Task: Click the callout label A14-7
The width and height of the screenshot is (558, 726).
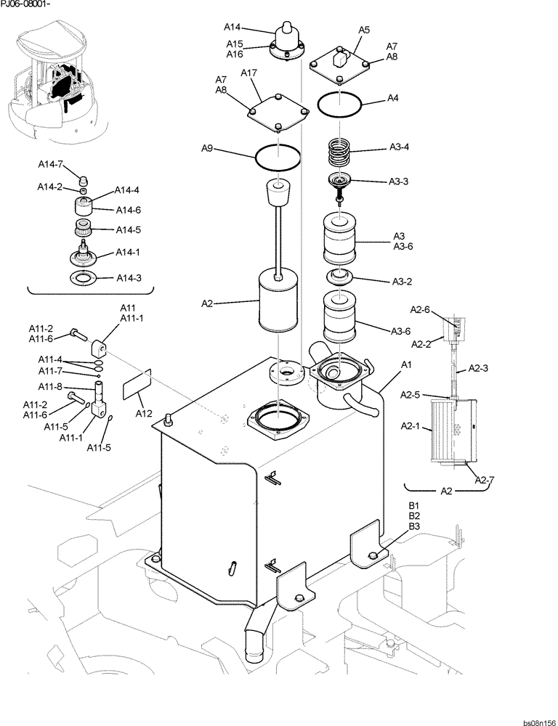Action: [50, 165]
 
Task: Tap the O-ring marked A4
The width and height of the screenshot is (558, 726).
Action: [340, 105]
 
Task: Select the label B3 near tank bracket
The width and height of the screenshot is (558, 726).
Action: [415, 526]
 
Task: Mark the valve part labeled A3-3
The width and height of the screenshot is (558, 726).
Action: [339, 184]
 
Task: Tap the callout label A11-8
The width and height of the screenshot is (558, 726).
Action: [50, 386]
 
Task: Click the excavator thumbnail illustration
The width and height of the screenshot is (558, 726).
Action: [54, 80]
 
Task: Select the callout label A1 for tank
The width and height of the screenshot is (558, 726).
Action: [407, 364]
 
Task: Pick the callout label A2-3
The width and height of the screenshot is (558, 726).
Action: [478, 368]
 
